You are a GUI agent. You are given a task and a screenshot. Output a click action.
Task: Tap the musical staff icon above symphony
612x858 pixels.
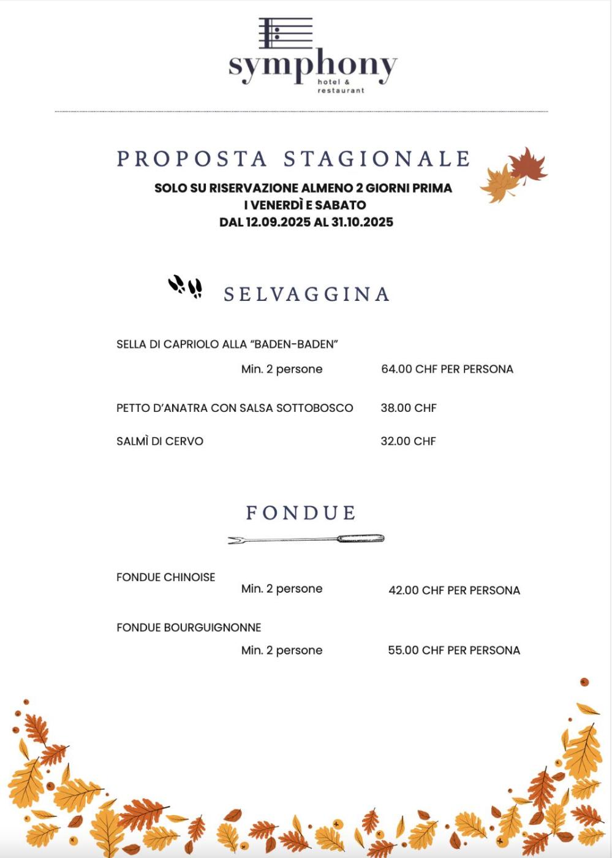pyautogui.click(x=285, y=33)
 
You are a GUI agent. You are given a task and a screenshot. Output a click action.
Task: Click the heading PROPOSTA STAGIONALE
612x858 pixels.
pyautogui.click(x=293, y=159)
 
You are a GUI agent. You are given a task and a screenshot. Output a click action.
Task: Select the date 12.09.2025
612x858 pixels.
pyautogui.click(x=278, y=222)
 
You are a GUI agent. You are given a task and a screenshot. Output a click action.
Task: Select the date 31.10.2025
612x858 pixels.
pyautogui.click(x=362, y=222)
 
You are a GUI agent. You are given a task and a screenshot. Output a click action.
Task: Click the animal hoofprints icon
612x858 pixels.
pyautogui.click(x=185, y=286)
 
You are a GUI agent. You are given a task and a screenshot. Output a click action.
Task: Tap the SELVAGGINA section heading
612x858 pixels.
pyautogui.click(x=306, y=294)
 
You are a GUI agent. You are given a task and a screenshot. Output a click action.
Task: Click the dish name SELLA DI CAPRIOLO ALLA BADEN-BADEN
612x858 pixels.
pyautogui.click(x=227, y=344)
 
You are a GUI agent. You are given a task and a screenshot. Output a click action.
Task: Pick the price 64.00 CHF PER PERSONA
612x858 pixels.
pyautogui.click(x=447, y=369)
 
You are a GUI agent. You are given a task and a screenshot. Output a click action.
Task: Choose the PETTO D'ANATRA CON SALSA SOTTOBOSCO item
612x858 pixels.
pyautogui.click(x=235, y=408)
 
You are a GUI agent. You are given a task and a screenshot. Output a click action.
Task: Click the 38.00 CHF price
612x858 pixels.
pyautogui.click(x=409, y=408)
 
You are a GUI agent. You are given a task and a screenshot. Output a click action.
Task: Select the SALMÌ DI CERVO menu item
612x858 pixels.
pyautogui.click(x=160, y=441)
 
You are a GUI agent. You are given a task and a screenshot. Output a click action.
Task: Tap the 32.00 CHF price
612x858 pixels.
pyautogui.click(x=408, y=441)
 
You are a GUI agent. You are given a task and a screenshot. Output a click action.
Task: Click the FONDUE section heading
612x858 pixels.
pyautogui.click(x=301, y=512)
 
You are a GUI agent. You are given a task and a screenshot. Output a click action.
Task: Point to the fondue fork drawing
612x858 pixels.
pyautogui.click(x=306, y=539)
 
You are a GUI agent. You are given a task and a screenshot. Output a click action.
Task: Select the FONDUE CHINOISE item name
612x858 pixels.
pyautogui.click(x=166, y=577)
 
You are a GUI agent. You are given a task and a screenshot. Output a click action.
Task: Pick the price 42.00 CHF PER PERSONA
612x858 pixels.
pyautogui.click(x=454, y=590)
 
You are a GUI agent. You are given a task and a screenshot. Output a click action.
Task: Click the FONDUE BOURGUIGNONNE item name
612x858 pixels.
pyautogui.click(x=189, y=628)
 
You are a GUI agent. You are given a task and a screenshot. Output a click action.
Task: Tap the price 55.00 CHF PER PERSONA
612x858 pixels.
pyautogui.click(x=454, y=650)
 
